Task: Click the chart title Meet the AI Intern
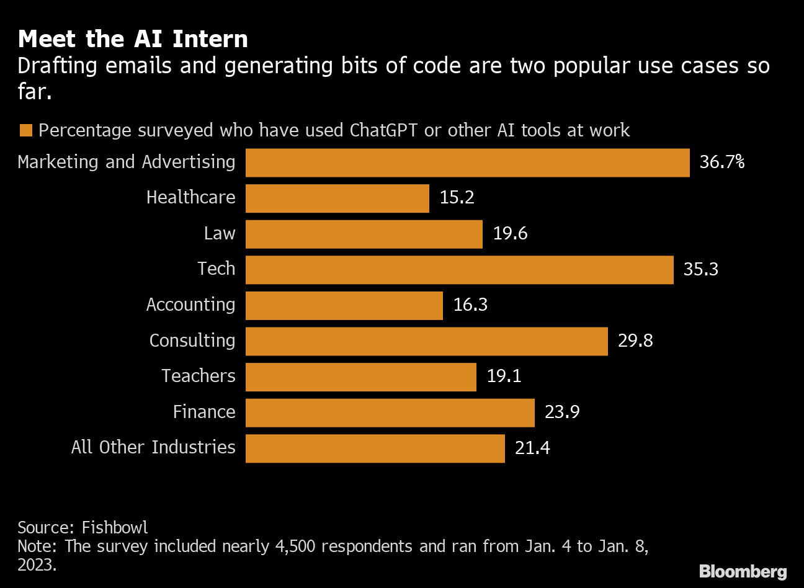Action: click(133, 39)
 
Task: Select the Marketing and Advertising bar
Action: click(467, 163)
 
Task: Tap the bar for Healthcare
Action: click(337, 198)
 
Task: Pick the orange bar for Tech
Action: click(459, 270)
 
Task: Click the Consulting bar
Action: click(426, 341)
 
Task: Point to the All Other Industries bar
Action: click(375, 448)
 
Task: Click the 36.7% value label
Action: click(721, 163)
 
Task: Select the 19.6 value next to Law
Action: click(510, 234)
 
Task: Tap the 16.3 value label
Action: click(470, 305)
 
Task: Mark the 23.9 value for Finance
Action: click(562, 412)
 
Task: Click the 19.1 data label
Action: click(504, 376)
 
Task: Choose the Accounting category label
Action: click(190, 305)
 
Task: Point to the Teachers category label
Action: click(199, 376)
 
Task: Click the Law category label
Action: click(220, 234)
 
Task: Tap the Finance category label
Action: click(204, 412)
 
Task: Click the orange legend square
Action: click(25, 131)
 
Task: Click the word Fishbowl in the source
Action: click(115, 528)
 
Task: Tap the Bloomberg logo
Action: click(743, 571)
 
